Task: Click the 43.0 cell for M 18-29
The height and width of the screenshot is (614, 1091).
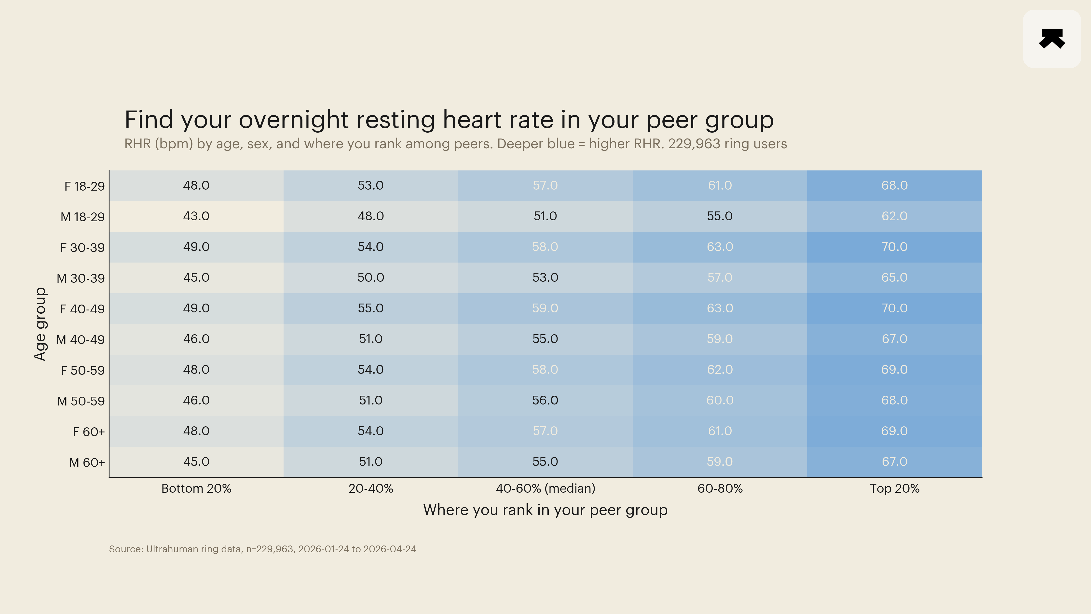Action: [196, 216]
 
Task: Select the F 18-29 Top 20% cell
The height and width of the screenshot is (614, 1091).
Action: [895, 186]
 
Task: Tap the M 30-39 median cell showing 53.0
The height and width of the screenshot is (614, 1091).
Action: [545, 278]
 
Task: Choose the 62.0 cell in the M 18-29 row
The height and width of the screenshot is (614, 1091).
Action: [895, 216]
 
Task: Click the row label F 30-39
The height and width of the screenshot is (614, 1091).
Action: [82, 248]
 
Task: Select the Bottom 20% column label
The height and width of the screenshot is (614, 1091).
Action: [196, 488]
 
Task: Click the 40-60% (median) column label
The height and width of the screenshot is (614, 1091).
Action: [545, 488]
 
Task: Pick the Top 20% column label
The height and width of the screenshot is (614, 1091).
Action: [895, 488]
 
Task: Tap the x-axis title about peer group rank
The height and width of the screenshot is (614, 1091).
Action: [545, 510]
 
